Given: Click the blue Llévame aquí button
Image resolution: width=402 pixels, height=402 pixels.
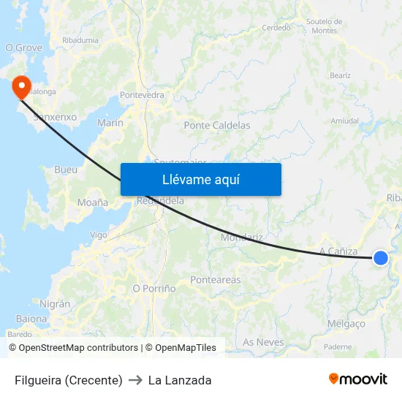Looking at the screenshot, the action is (x=200, y=179).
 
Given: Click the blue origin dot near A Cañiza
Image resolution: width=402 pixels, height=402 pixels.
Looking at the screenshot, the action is (x=380, y=257).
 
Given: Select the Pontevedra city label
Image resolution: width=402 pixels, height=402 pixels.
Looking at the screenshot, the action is (x=142, y=95).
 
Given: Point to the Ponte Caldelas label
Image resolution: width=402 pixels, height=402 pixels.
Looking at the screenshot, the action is (x=217, y=125).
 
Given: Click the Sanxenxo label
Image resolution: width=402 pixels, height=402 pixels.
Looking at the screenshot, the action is (x=56, y=116).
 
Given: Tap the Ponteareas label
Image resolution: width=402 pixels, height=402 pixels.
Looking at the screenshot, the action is (x=215, y=280).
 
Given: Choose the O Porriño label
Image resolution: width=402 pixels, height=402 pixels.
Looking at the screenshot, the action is (x=153, y=289).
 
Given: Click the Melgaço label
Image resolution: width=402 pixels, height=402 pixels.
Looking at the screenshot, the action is (x=347, y=324).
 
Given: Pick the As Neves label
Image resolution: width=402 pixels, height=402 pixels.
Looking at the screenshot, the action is (x=263, y=342).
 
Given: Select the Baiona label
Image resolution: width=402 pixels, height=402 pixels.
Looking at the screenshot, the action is (x=31, y=319).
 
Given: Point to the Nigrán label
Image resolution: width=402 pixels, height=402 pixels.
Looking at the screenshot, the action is (x=56, y=303).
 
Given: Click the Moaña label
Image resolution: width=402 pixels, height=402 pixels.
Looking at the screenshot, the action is (x=93, y=202).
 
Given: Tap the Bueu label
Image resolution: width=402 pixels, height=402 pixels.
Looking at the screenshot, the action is (x=66, y=170).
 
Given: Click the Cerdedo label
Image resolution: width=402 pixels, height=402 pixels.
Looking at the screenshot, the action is (x=276, y=29).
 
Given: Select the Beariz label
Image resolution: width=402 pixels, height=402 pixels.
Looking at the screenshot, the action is (x=340, y=75).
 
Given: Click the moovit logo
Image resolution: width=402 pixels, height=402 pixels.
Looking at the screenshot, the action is (x=358, y=379).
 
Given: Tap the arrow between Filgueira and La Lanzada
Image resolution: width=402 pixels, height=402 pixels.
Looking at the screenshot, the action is (x=135, y=380).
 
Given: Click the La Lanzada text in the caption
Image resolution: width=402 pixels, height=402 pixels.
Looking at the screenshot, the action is (x=180, y=380).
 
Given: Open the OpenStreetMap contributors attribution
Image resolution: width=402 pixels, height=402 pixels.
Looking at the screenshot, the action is (x=78, y=348).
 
